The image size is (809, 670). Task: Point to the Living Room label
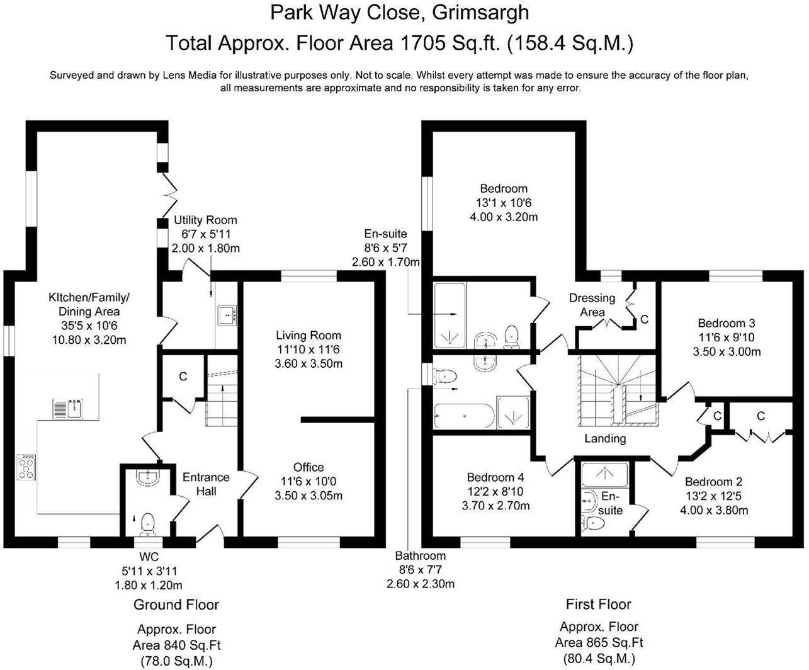pyautogui.click(x=308, y=336)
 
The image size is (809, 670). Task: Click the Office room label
pyautogui.click(x=308, y=467)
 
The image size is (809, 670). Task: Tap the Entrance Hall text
pyautogui.click(x=206, y=484)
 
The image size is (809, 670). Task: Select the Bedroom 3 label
pyautogui.click(x=726, y=324)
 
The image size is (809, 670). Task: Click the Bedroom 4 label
pyautogui.click(x=495, y=478)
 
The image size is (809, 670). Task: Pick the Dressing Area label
pyautogui.click(x=592, y=305)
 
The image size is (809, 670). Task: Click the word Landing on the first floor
pyautogui.click(x=605, y=439)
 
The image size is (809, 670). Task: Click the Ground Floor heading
pyautogui.click(x=176, y=605)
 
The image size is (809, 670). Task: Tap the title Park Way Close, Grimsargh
pyautogui.click(x=399, y=12)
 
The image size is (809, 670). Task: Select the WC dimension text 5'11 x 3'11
pyautogui.click(x=149, y=571)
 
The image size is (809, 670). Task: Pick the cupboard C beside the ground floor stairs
pyautogui.click(x=183, y=377)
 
